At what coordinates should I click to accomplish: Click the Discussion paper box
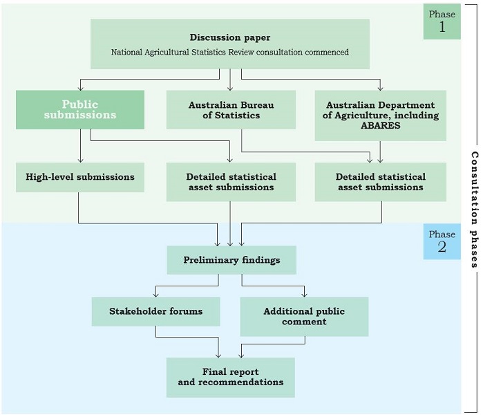pyautogui.click(x=230, y=44)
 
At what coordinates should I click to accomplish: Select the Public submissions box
pyautogui.click(x=80, y=110)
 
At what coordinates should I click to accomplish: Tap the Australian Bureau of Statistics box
pyautogui.click(x=230, y=110)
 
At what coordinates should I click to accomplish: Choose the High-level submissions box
pyautogui.click(x=80, y=177)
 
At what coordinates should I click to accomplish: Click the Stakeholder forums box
pyautogui.click(x=155, y=311)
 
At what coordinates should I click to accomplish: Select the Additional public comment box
pyautogui.click(x=304, y=317)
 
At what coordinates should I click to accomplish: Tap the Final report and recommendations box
pyautogui.click(x=230, y=377)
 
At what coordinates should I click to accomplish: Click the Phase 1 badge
pyautogui.click(x=442, y=21)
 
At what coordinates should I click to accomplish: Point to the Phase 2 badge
pyautogui.click(x=442, y=241)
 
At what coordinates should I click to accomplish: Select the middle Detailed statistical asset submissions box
pyautogui.click(x=230, y=182)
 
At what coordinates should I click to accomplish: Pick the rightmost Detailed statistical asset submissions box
pyautogui.click(x=380, y=182)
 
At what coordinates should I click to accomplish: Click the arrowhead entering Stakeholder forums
pyautogui.click(x=155, y=294)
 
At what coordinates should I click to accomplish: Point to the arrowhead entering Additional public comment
pyautogui.click(x=304, y=294)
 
